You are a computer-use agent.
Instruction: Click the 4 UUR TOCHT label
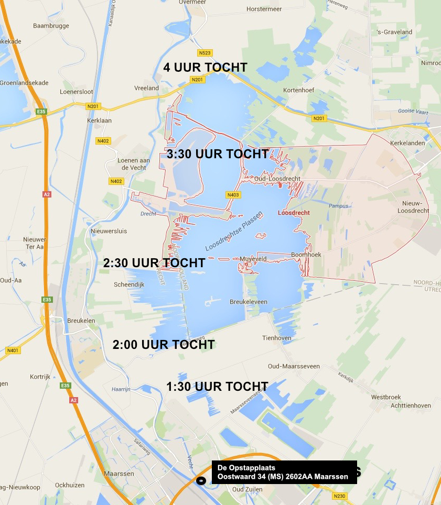pyautogui.click(x=205, y=68)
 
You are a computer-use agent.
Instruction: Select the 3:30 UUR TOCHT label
pyautogui.click(x=218, y=154)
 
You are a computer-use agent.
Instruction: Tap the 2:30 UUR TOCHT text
pyautogui.click(x=154, y=263)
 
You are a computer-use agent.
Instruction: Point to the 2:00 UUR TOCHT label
pyautogui.click(x=164, y=345)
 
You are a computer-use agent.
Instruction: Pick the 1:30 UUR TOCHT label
pyautogui.click(x=217, y=387)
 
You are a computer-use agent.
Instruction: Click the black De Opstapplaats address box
pyautogui.click(x=284, y=472)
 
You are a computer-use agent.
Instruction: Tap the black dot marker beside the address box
pyautogui.click(x=200, y=480)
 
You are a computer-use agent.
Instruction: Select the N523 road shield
pyautogui.click(x=205, y=53)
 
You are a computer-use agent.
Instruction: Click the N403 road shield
pyautogui.click(x=233, y=195)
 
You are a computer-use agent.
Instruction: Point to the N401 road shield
pyautogui.click(x=13, y=350)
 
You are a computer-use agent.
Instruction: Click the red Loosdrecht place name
pyautogui.click(x=293, y=213)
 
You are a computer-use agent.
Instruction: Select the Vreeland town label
pyautogui.click(x=146, y=88)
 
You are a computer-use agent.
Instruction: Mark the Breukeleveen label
pyautogui.click(x=249, y=302)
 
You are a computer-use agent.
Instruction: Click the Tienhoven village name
pyautogui.click(x=277, y=338)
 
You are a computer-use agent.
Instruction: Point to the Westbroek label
pyautogui.click(x=386, y=397)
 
